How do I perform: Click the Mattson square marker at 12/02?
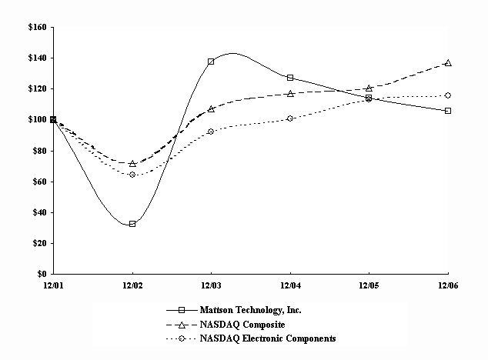132,224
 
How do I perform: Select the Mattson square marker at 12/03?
211,62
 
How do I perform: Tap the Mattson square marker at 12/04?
290,78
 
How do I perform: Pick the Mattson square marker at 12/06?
448,111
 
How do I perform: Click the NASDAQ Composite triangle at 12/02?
132,163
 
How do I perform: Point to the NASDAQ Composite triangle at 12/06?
448,63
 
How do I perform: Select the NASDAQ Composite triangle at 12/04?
290,94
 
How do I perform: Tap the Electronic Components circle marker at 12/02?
132,175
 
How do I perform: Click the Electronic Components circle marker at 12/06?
448,95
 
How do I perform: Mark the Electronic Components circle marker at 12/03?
211,132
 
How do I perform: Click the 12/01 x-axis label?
53,285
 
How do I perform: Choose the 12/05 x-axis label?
369,285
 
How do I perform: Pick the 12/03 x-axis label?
211,285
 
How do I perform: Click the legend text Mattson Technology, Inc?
250,310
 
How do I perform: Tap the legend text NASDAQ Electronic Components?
268,338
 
